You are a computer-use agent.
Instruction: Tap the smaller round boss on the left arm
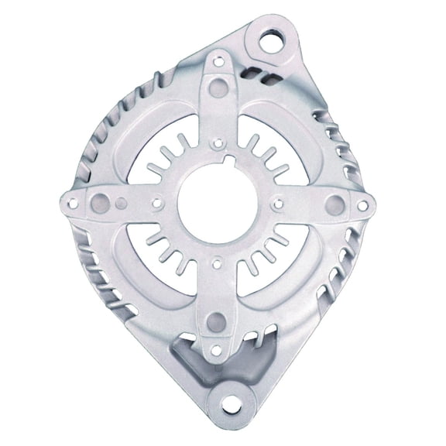(120, 203)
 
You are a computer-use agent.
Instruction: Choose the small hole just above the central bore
(218, 142)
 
